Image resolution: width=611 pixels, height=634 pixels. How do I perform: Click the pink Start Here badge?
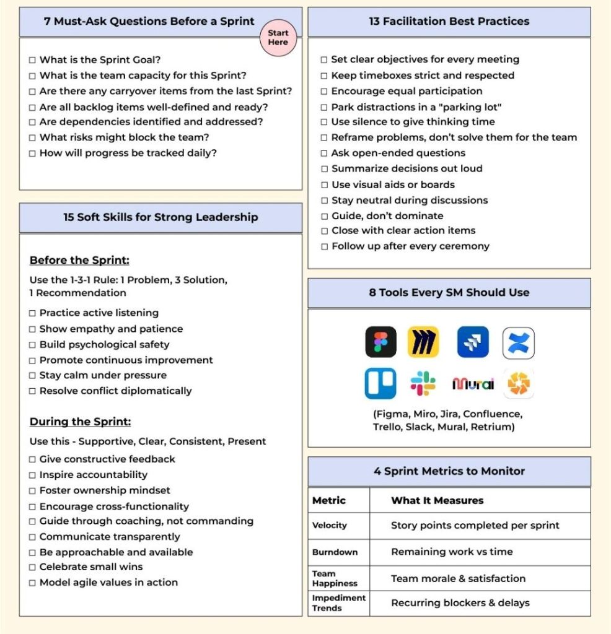pos(278,38)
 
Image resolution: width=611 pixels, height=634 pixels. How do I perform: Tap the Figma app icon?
pos(380,342)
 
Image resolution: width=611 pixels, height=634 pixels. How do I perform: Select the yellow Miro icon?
pos(423,342)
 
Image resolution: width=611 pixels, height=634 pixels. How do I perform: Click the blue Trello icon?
pos(380,384)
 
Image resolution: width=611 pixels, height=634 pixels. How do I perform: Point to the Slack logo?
pos(423,384)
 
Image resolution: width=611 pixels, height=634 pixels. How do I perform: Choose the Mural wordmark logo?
pos(473,384)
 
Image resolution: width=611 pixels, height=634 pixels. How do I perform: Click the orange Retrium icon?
pos(518,384)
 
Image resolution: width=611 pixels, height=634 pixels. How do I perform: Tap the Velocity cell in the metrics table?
pos(330,525)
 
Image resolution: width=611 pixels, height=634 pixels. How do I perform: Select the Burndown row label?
pos(335,552)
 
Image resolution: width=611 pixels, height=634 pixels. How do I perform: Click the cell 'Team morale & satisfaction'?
pos(458,578)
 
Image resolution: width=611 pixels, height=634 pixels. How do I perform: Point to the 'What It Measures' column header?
pos(437,500)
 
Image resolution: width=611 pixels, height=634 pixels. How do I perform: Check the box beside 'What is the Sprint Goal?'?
pos(32,60)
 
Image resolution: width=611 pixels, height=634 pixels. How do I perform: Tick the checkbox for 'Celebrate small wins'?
pos(32,567)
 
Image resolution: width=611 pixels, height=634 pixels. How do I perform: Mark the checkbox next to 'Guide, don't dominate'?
pos(324,216)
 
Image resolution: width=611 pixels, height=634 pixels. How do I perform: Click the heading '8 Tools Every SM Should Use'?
pos(449,292)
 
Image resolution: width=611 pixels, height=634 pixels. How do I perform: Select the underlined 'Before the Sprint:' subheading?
pos(79,260)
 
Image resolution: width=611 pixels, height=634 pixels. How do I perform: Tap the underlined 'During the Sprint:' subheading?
pos(80,422)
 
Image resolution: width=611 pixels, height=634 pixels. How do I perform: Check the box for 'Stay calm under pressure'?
pos(32,376)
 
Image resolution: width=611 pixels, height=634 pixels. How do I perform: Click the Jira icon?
pos(473,342)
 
